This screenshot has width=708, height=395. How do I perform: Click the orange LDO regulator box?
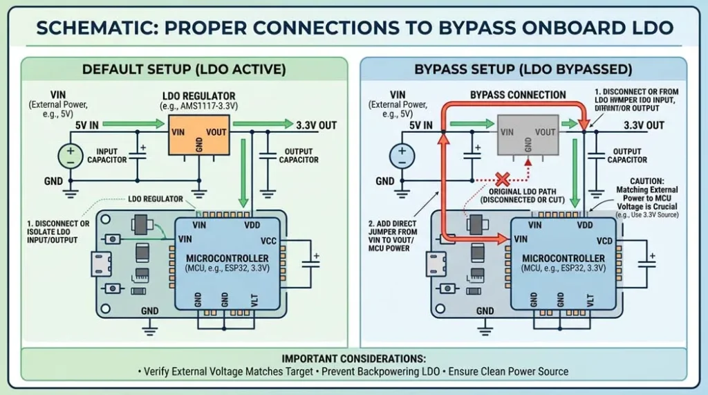[200, 134]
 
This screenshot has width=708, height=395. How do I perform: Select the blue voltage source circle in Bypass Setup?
[402, 155]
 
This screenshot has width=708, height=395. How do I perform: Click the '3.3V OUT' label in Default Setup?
[316, 125]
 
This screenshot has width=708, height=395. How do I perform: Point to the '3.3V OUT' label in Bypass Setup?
[644, 125]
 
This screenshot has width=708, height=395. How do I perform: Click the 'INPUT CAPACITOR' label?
[111, 156]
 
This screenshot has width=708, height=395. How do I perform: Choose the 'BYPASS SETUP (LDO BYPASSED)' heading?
[523, 69]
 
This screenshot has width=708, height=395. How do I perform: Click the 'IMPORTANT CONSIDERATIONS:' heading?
[353, 358]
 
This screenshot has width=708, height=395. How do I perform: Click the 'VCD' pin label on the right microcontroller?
[604, 242]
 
